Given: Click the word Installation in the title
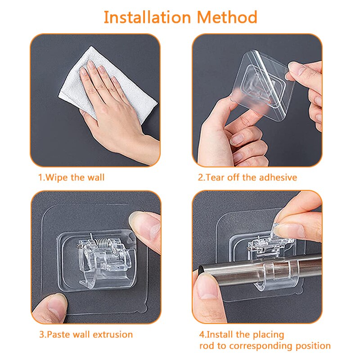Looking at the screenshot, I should (147, 18).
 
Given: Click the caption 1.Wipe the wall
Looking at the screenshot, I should (71, 177).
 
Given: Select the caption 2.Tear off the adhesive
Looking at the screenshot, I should (247, 177).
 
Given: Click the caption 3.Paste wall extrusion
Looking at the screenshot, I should (85, 334).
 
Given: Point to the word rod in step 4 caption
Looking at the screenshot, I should (207, 346).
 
